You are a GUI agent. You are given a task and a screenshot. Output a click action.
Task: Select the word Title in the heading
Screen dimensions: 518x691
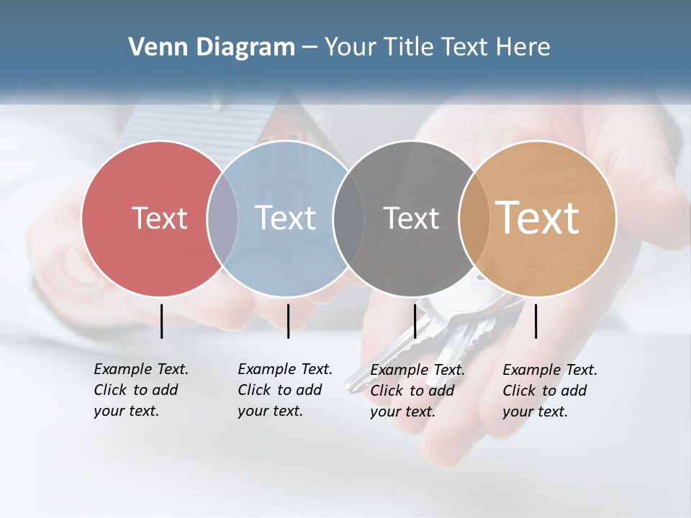click(408, 47)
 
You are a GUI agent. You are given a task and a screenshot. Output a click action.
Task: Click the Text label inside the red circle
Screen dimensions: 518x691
click(159, 218)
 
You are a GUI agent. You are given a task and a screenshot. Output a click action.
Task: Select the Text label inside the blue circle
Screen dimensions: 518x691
click(286, 218)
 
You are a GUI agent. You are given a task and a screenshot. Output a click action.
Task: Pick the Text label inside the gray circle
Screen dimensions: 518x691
click(411, 218)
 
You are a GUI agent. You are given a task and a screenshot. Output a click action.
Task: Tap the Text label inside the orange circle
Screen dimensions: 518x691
click(538, 218)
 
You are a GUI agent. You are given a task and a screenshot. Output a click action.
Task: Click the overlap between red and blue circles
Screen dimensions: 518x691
click(222, 218)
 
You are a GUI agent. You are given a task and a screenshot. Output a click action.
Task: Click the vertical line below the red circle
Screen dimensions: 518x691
click(162, 321)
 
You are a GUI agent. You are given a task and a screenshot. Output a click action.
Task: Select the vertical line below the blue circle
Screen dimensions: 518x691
click(288, 321)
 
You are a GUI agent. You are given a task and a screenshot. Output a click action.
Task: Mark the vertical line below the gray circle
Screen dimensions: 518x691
click(415, 321)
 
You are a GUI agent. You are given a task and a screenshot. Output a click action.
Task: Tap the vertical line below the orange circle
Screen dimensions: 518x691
click(536, 321)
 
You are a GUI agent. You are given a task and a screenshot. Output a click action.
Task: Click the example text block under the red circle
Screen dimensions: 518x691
click(140, 390)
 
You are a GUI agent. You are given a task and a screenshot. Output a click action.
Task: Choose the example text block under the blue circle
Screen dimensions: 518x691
click(284, 390)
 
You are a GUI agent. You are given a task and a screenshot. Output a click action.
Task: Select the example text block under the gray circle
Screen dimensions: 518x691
click(417, 391)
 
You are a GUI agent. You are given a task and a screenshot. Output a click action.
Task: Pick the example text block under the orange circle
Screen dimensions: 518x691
click(549, 391)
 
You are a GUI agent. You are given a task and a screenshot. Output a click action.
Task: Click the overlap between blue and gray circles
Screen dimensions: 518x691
click(348, 218)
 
